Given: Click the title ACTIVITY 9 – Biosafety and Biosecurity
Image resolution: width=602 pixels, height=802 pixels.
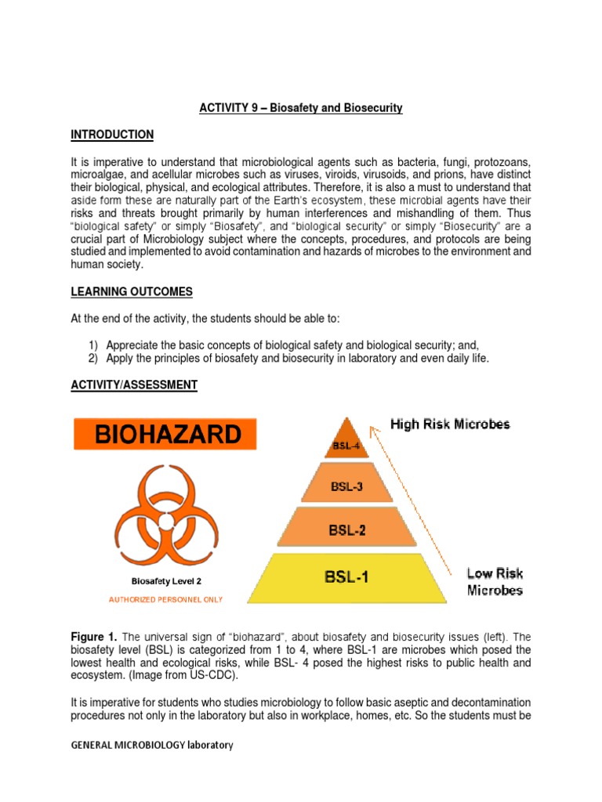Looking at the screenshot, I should (300, 108).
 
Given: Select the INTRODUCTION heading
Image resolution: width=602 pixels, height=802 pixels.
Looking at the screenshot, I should (112, 135).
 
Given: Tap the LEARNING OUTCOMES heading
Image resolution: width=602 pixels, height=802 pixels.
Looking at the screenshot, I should (131, 292).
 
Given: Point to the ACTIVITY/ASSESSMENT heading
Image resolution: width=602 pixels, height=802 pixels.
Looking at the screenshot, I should (134, 385).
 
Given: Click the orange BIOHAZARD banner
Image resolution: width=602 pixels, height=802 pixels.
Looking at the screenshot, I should (165, 435).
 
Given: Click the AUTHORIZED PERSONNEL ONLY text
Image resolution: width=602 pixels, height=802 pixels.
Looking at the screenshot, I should (165, 599).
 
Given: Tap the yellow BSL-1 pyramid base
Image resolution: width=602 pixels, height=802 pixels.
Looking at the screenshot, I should (347, 579).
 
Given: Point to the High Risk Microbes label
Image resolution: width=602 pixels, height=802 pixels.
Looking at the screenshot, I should (450, 424).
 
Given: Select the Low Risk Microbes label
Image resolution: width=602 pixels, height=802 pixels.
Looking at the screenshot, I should (495, 582).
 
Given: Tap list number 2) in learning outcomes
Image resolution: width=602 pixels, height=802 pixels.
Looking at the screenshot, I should (93, 358).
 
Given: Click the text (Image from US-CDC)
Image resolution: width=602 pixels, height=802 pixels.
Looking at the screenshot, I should (176, 674).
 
